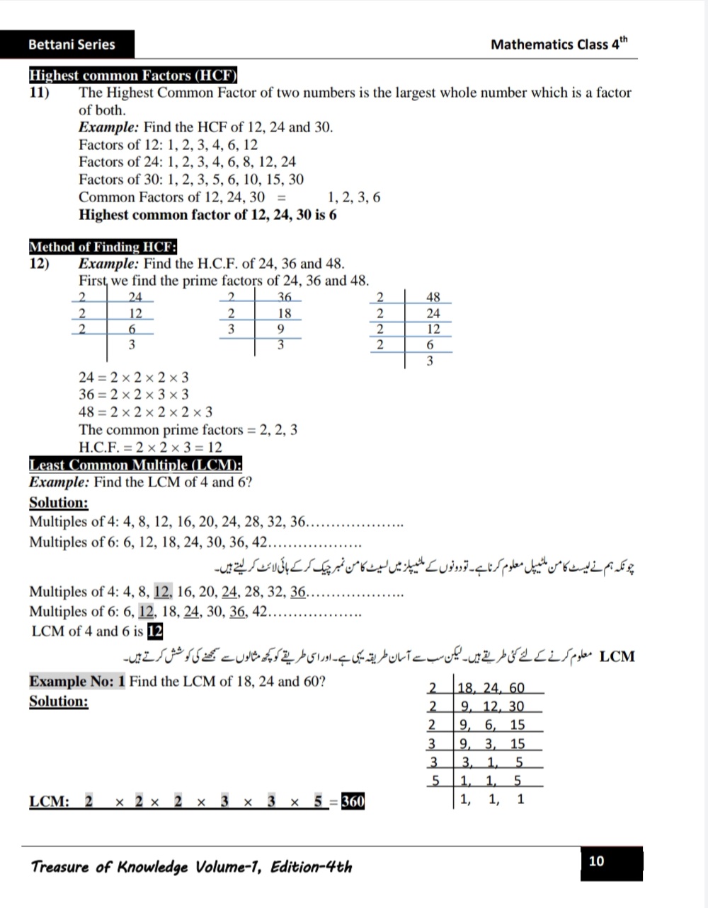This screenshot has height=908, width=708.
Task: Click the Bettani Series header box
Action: pyautogui.click(x=67, y=45)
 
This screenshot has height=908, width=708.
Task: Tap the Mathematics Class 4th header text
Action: pyautogui.click(x=559, y=45)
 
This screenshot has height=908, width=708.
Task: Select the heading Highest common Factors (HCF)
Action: pyautogui.click(x=132, y=76)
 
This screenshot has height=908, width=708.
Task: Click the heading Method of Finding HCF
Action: pyautogui.click(x=103, y=247)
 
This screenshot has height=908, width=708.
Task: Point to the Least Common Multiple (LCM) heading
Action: pyautogui.click(x=135, y=465)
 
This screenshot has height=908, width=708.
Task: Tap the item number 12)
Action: pyautogui.click(x=40, y=264)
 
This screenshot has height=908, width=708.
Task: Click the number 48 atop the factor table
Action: pyautogui.click(x=433, y=297)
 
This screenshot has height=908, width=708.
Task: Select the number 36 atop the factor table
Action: pyautogui.click(x=284, y=297)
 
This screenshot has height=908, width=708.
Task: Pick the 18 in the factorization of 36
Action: pyautogui.click(x=284, y=313)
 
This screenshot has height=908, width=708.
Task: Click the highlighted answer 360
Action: pyautogui.click(x=353, y=801)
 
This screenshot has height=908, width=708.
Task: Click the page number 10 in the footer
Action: pyautogui.click(x=597, y=861)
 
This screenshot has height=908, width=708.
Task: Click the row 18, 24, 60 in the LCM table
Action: pyautogui.click(x=492, y=688)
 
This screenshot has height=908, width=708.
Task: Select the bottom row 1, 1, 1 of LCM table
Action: pyautogui.click(x=492, y=799)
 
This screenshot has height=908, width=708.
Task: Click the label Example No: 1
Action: pyautogui.click(x=77, y=682)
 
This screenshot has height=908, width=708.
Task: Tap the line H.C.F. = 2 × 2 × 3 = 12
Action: pyautogui.click(x=150, y=447)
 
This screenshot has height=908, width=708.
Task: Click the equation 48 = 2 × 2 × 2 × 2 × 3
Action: pyautogui.click(x=145, y=412)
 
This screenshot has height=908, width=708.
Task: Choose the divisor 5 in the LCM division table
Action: pyautogui.click(x=437, y=781)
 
